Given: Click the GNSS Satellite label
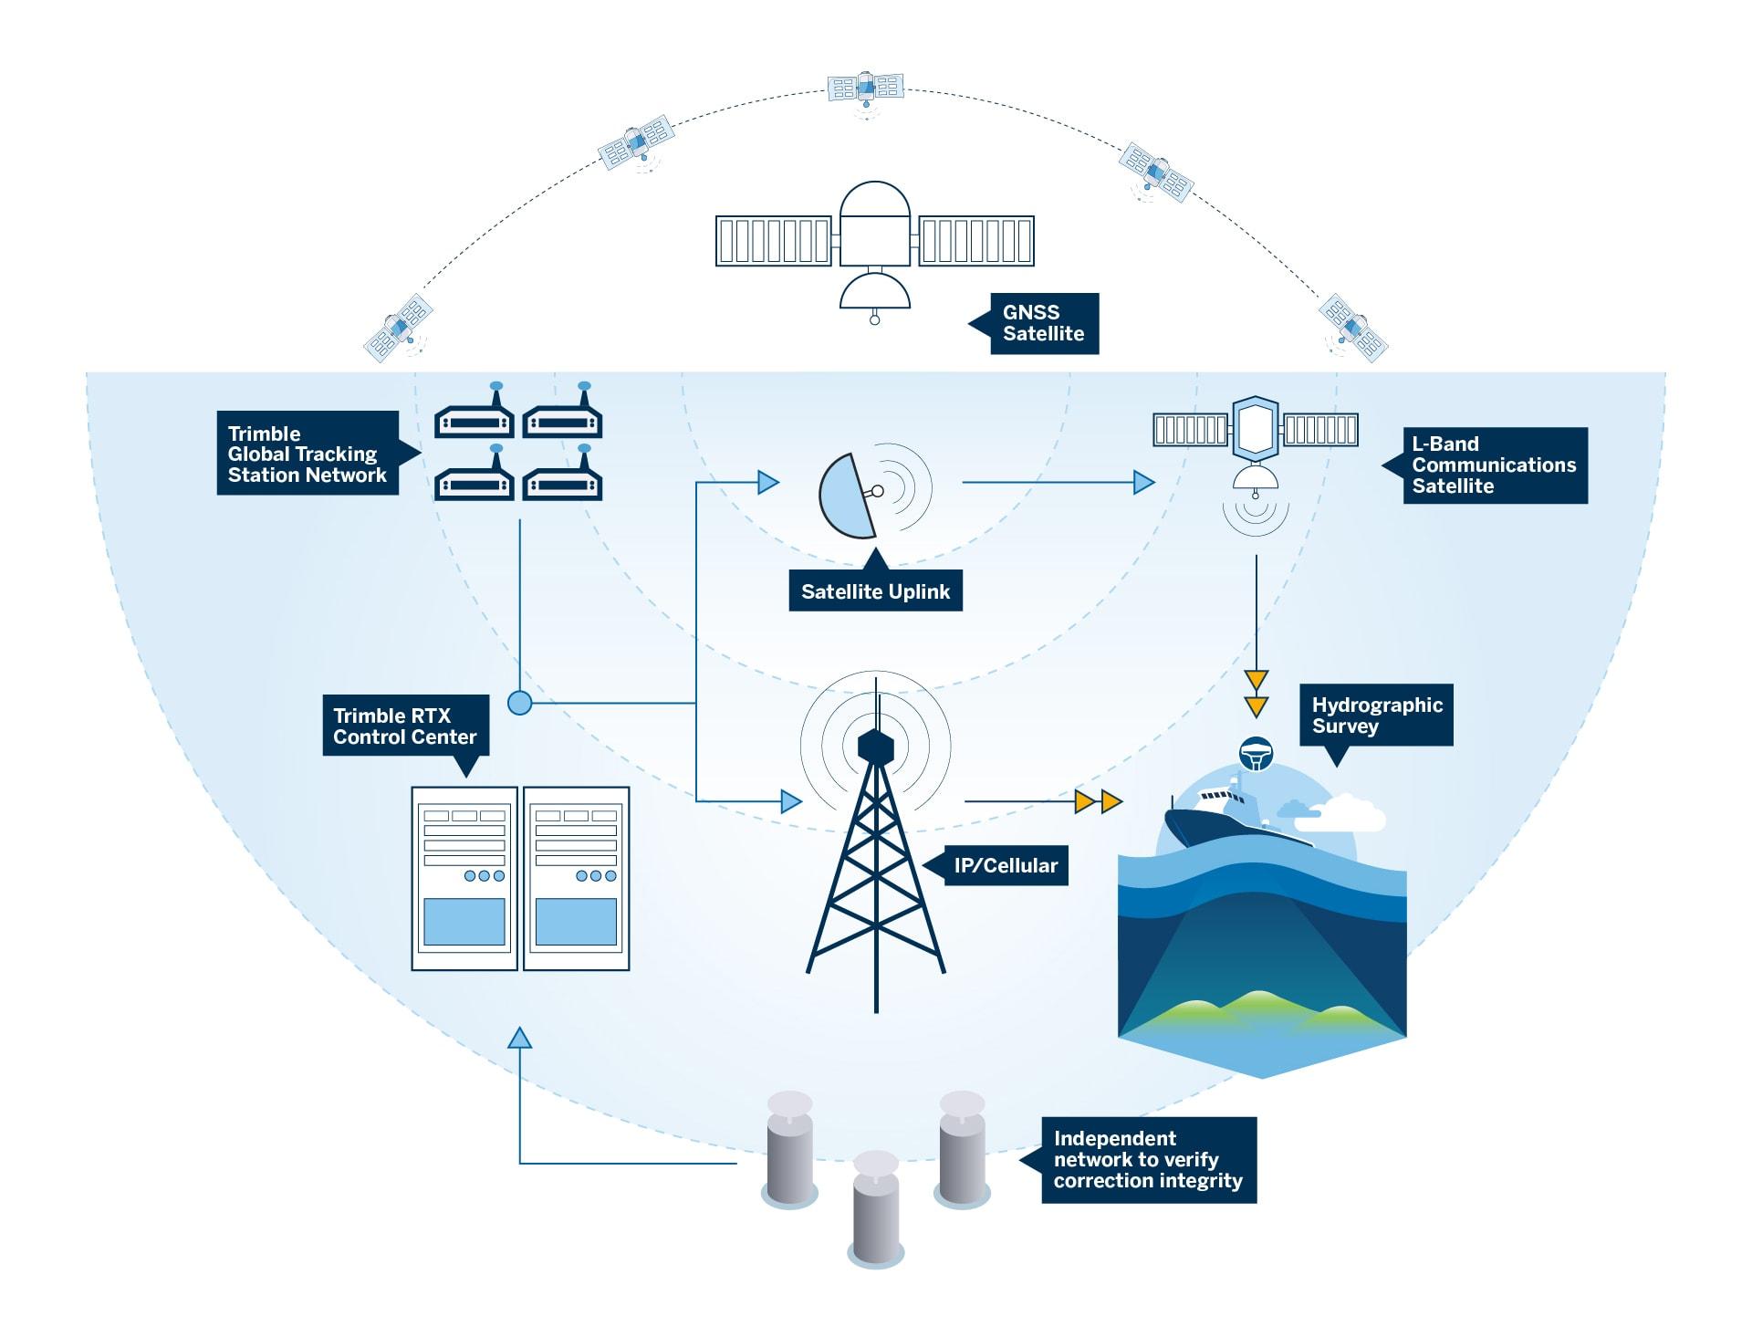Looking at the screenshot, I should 1043,323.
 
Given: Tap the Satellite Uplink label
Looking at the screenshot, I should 875,591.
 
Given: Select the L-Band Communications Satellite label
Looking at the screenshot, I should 1494,465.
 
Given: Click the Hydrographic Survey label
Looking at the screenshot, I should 1376,716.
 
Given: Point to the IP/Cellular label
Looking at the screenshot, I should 1006,865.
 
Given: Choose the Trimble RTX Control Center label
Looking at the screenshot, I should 405,726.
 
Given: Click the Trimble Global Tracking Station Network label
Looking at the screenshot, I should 308,454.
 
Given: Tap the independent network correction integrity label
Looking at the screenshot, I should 1148,1160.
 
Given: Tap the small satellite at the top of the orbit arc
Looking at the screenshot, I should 865,89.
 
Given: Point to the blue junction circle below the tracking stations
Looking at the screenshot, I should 519,703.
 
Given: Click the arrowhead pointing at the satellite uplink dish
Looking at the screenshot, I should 768,482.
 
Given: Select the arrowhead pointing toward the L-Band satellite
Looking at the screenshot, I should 1143,482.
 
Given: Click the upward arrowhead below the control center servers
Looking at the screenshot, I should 519,1038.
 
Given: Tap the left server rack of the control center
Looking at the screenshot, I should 464,878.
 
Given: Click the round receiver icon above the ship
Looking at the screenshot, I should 1256,753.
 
